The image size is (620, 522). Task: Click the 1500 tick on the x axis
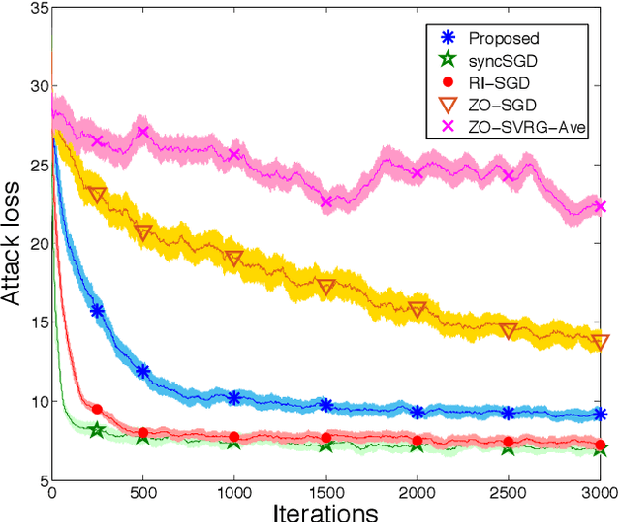pyautogui.click(x=325, y=492)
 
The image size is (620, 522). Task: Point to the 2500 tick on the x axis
pyautogui.click(x=508, y=492)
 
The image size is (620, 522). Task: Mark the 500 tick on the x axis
pyautogui.click(x=143, y=492)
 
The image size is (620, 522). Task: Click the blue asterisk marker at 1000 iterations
pyautogui.click(x=234, y=398)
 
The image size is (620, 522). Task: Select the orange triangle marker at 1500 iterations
pyautogui.click(x=326, y=287)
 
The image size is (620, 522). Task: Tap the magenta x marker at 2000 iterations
pyautogui.click(x=418, y=173)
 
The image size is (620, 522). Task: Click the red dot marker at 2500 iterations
pyautogui.click(x=509, y=442)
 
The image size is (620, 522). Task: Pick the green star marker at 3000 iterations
pyautogui.click(x=600, y=450)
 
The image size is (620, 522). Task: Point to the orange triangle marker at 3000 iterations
pyautogui.click(x=600, y=342)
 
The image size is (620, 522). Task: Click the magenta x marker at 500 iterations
pyautogui.click(x=143, y=133)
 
